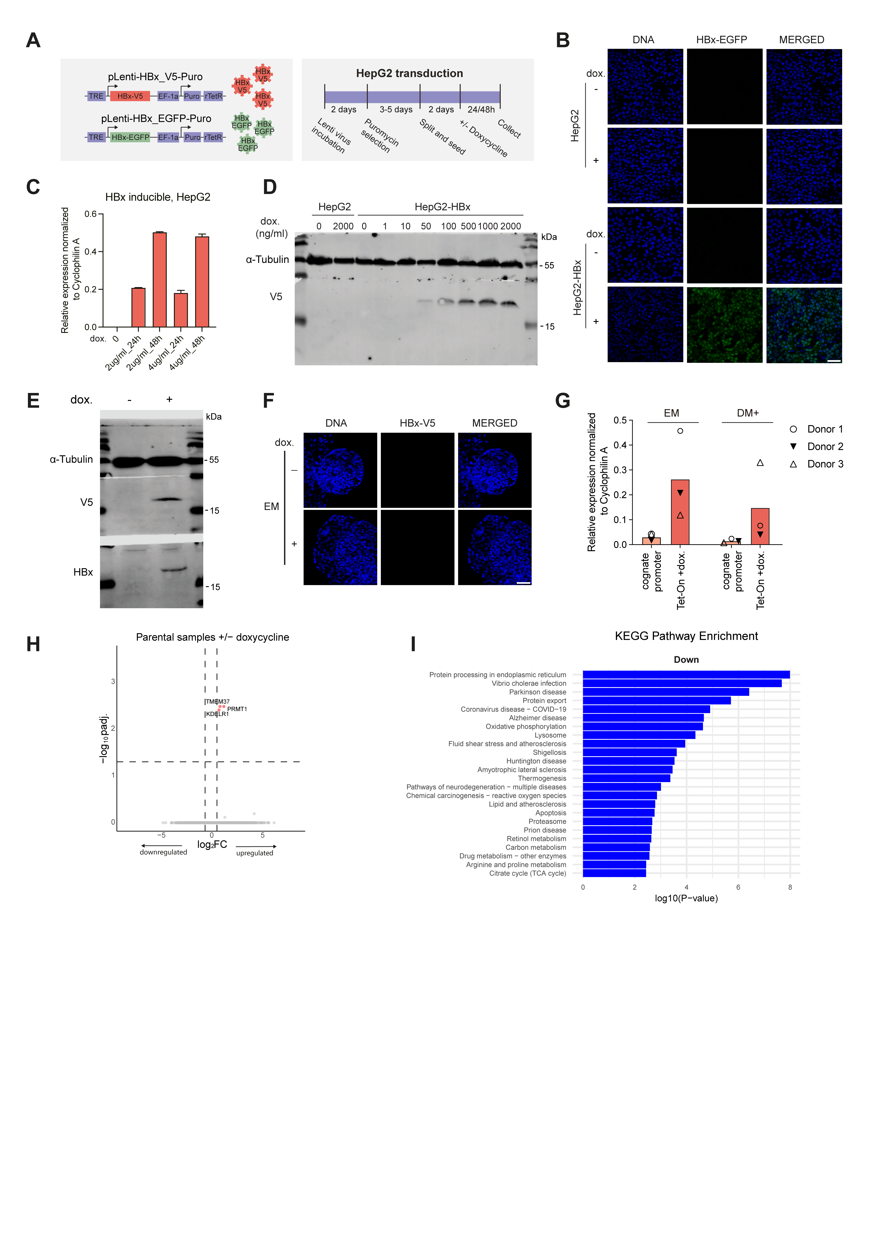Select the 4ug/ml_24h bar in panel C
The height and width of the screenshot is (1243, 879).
(181, 310)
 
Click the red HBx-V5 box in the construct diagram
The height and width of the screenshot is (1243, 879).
(130, 96)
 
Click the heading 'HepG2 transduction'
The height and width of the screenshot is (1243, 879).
(409, 73)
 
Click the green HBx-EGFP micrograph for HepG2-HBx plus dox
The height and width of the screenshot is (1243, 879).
(725, 325)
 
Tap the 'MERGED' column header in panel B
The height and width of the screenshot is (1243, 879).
(802, 40)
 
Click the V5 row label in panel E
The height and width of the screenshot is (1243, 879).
(87, 502)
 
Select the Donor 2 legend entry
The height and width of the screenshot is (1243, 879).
(817, 447)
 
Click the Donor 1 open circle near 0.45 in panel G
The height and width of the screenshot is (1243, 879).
(680, 431)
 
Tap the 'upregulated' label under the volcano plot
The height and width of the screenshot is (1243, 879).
(255, 853)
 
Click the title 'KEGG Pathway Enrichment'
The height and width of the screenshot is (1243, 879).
(686, 636)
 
